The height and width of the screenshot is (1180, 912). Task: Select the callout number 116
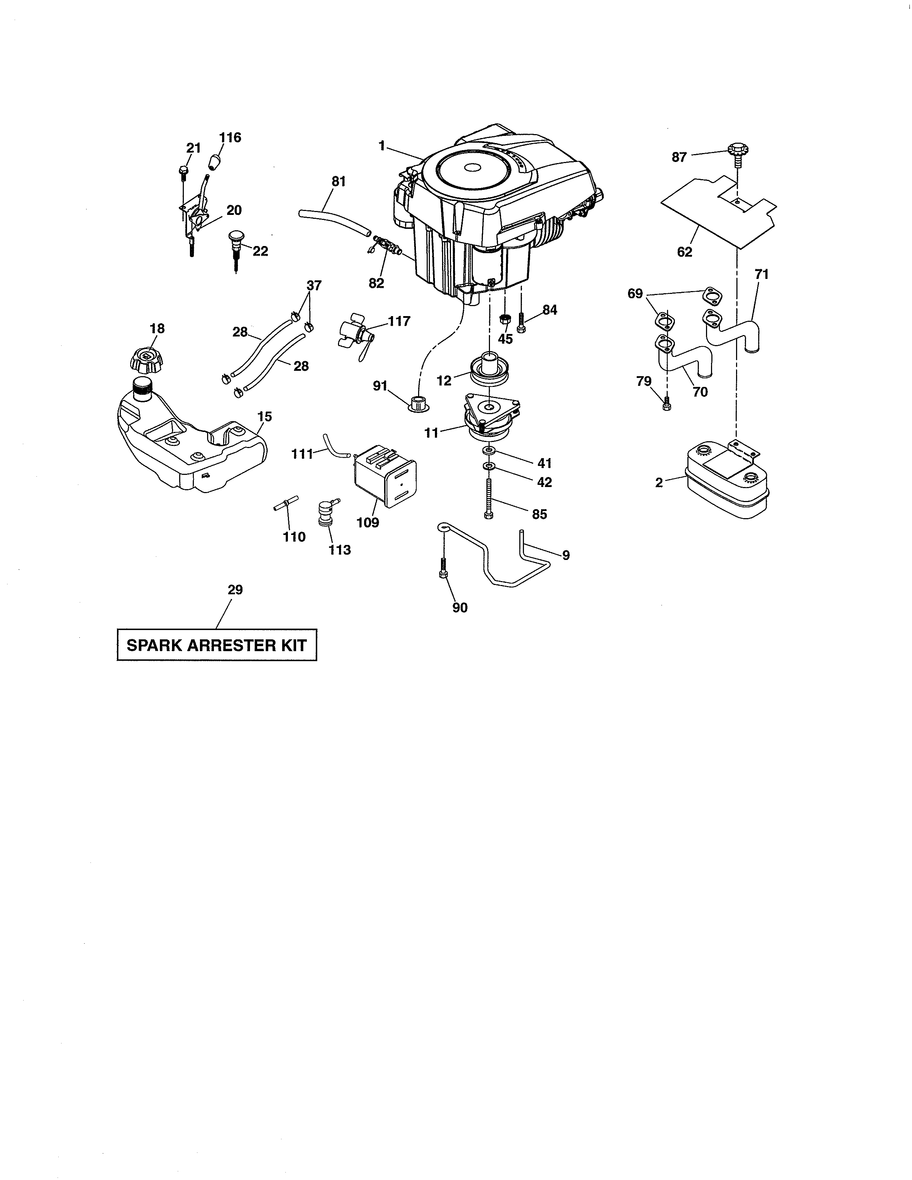point(230,137)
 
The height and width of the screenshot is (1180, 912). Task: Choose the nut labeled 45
point(505,318)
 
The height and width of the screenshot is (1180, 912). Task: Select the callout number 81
point(338,182)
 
